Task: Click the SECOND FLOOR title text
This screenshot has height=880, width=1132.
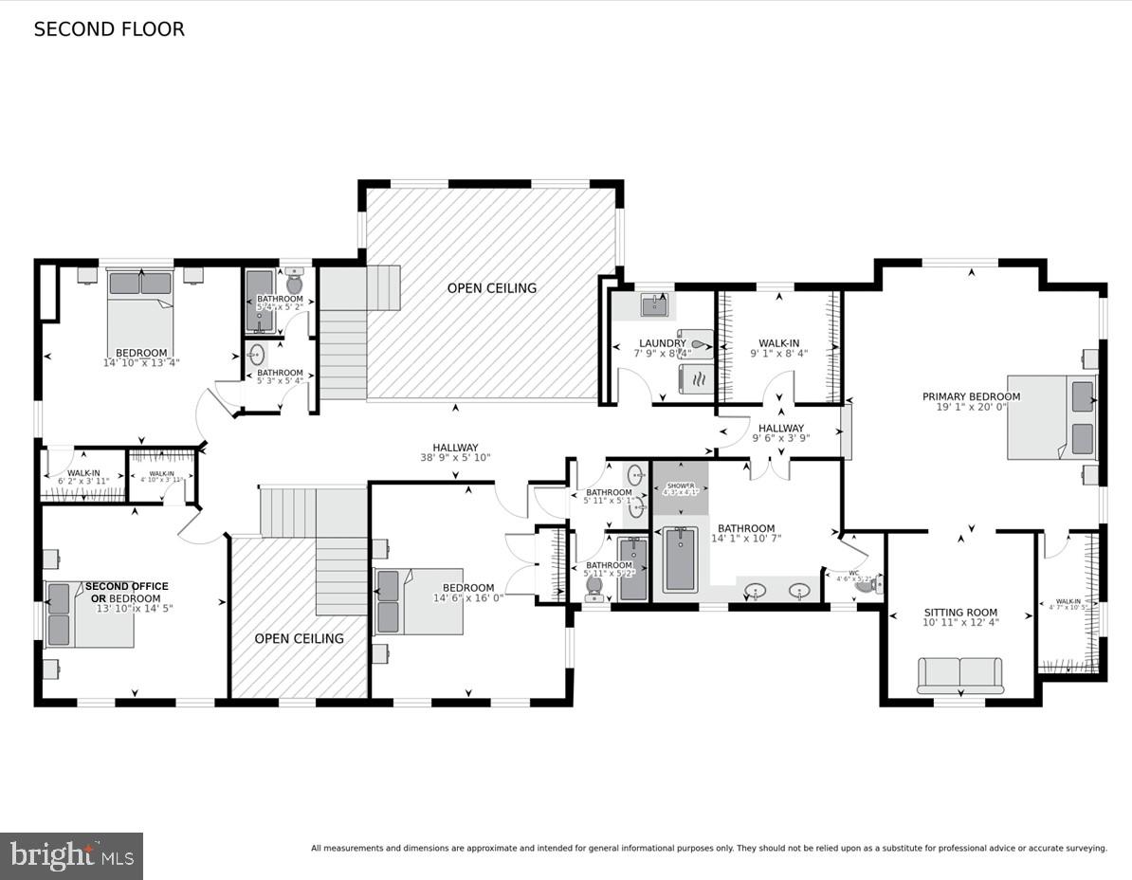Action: coord(109,29)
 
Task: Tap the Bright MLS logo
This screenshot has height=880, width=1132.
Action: coord(71,856)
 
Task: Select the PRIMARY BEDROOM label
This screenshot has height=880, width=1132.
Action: coord(971,396)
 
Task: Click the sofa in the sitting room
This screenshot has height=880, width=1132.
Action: coord(959,675)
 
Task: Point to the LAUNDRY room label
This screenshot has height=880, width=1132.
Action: coord(662,343)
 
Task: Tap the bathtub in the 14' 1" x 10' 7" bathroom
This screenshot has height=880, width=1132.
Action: coord(680,560)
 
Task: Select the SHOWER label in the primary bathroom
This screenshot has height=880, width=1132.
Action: coord(680,485)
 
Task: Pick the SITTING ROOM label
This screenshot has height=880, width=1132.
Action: coord(960,613)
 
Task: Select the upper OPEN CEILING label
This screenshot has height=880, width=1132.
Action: coord(491,288)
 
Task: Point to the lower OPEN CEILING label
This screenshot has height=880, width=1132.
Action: coord(299,638)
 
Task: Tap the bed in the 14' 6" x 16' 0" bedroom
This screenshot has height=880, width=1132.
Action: coord(418,601)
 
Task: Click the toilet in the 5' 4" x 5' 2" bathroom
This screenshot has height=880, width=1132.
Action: coord(294,284)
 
